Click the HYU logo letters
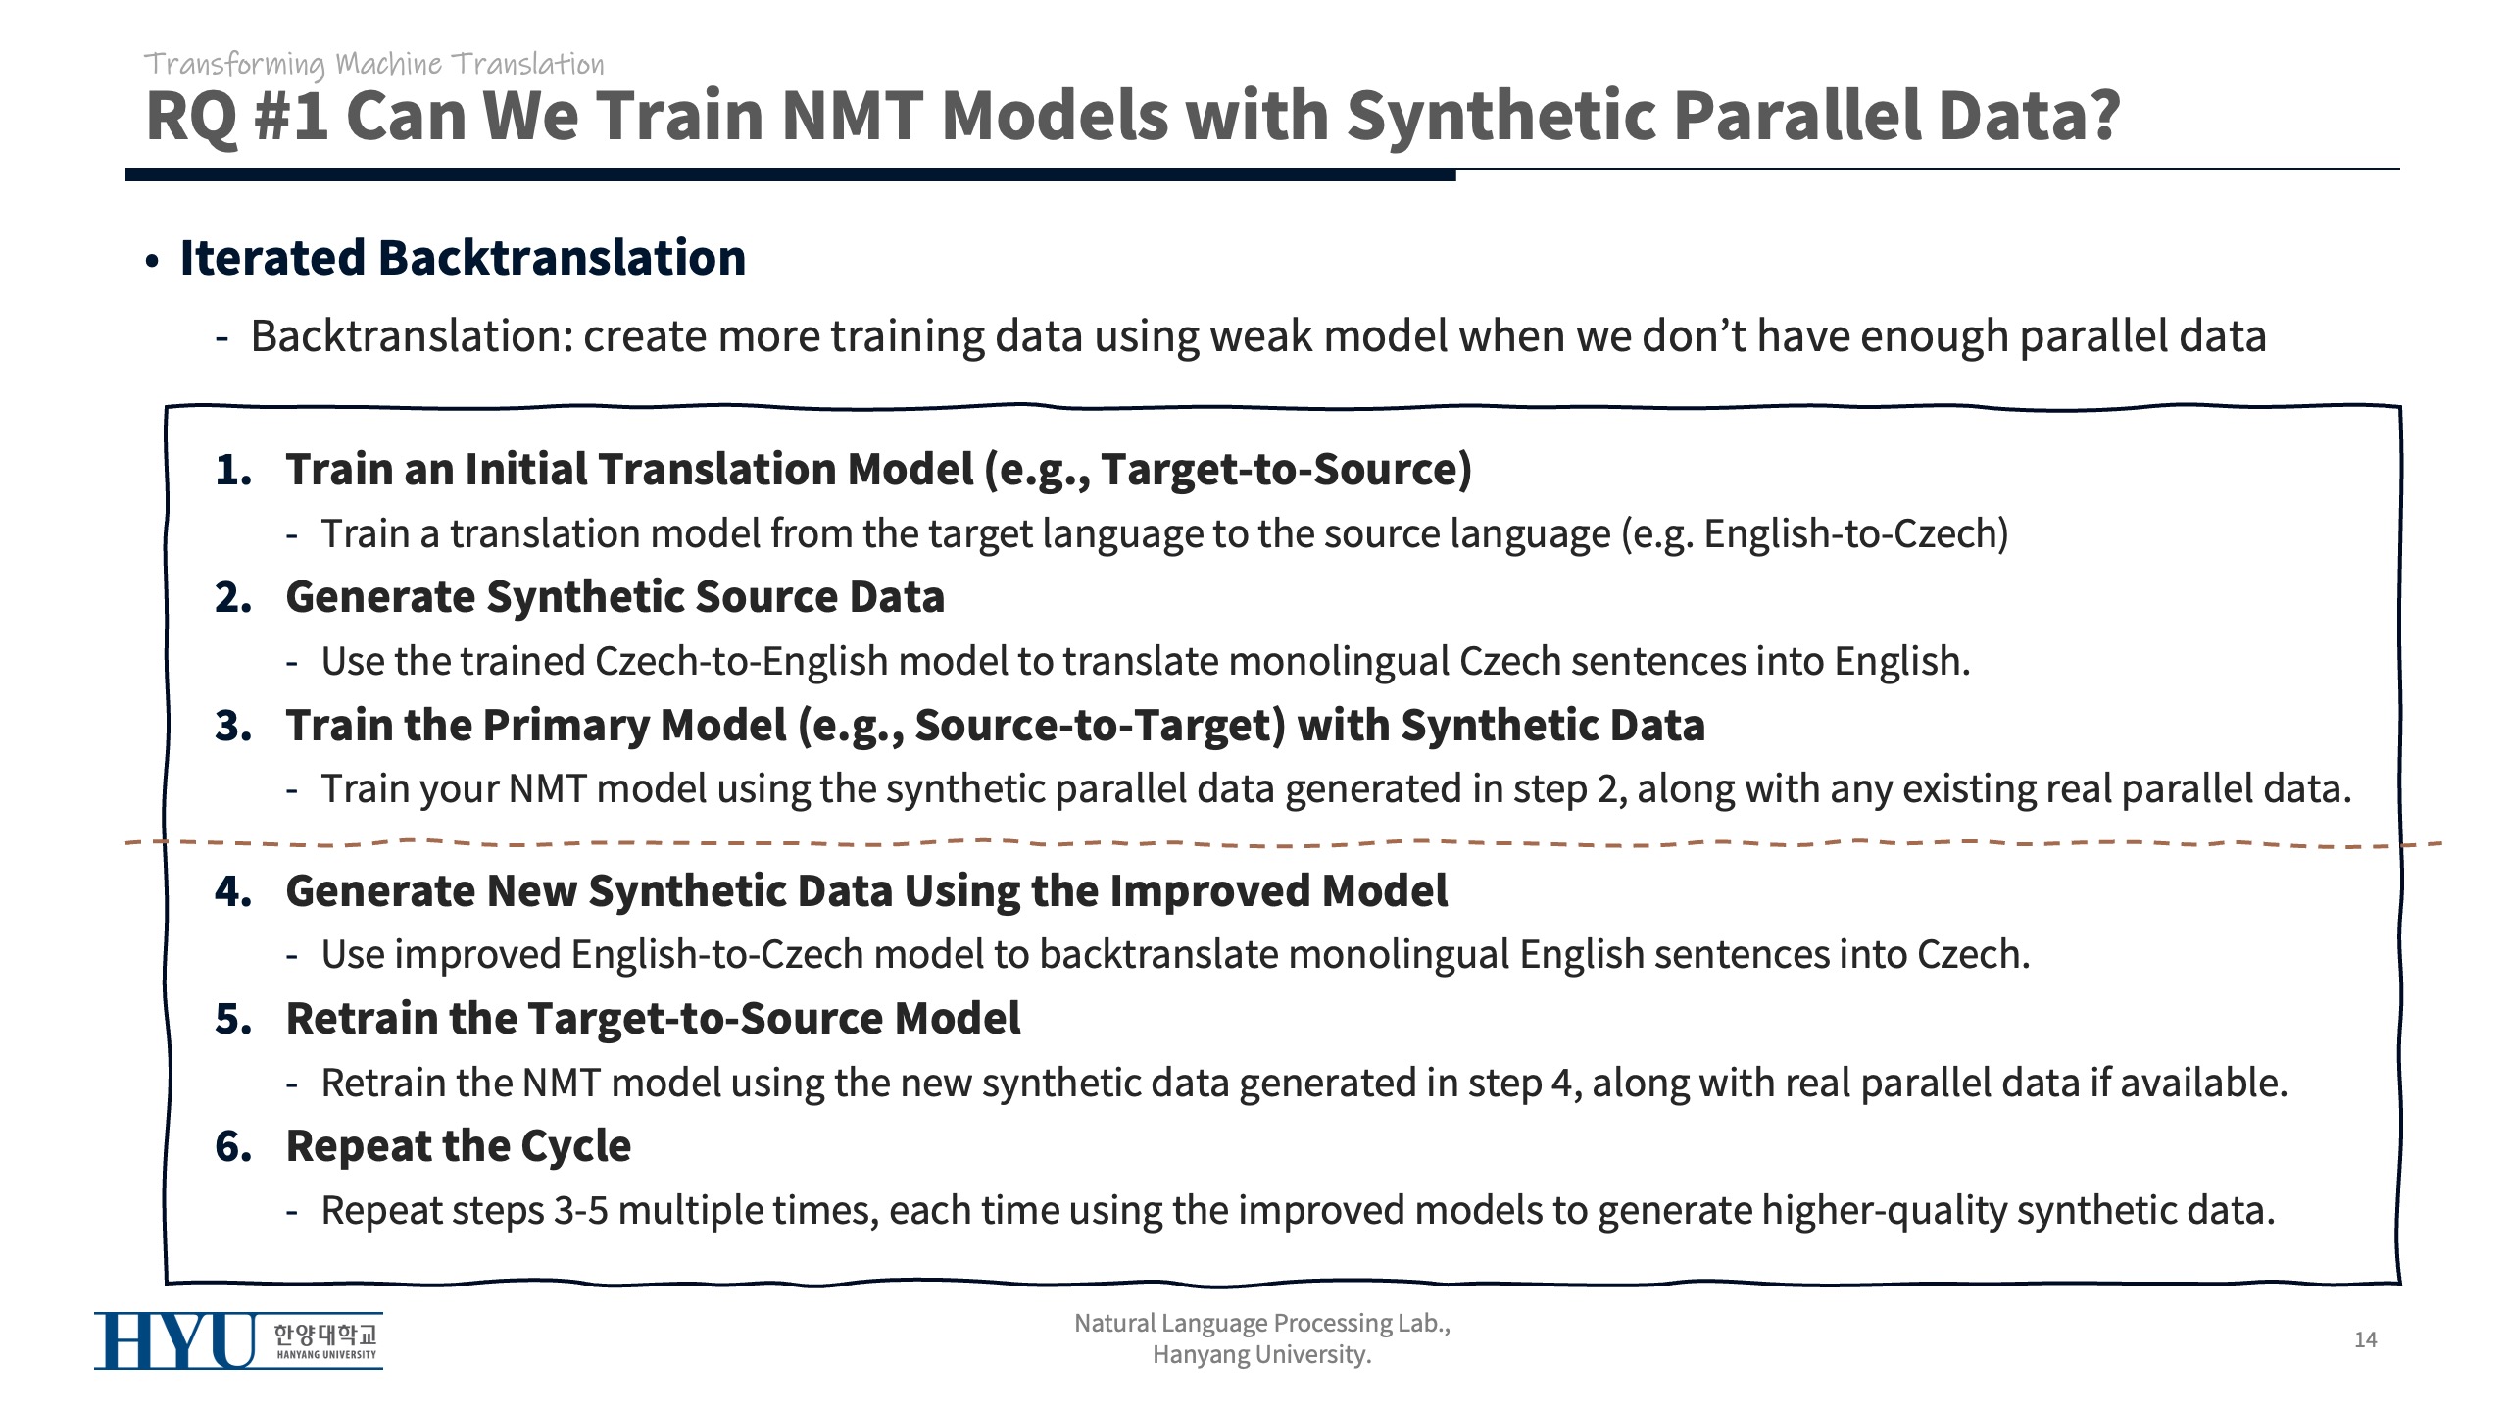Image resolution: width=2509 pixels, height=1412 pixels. pos(175,1340)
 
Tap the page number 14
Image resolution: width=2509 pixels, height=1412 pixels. pos(2365,1339)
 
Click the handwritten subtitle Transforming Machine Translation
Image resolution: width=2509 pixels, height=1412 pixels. pos(373,65)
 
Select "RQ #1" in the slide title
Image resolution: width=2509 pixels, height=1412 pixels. pos(236,116)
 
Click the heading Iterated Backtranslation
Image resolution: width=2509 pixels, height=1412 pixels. pos(463,258)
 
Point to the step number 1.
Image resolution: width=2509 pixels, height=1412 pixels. pos(232,470)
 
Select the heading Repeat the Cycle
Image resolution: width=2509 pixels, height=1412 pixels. pos(459,1145)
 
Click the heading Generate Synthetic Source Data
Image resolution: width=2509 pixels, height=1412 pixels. pos(615,596)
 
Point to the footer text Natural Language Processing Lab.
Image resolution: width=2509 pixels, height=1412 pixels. pos(1262,1323)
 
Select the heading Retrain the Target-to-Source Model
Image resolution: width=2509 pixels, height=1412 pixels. pos(653,1018)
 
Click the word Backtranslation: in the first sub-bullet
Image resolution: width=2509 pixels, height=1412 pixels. pos(412,336)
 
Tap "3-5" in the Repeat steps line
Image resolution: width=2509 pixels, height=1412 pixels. pos(581,1211)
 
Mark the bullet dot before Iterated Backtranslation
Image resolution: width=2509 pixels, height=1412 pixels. pos(152,262)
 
